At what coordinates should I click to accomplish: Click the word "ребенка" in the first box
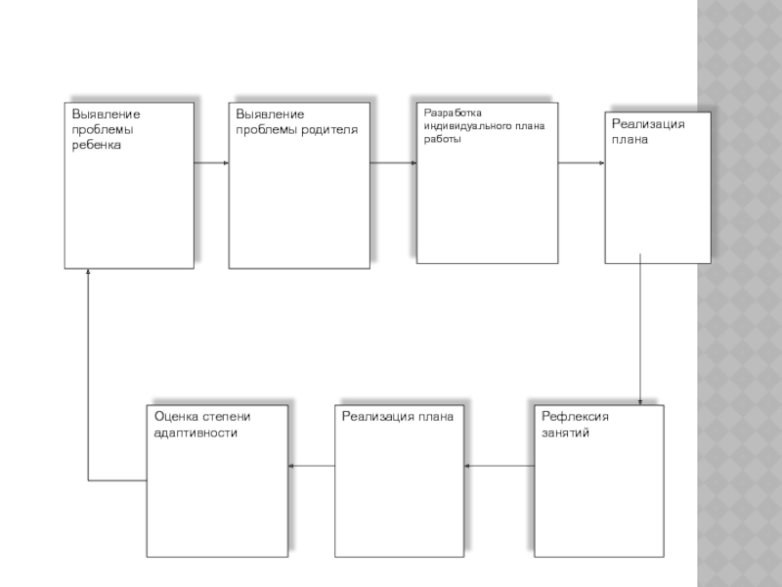tap(96, 145)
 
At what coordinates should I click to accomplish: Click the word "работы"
tap(441, 139)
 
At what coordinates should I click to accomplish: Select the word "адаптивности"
tap(195, 431)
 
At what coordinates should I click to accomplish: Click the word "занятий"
tap(565, 431)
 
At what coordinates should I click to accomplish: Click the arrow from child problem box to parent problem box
tap(211, 162)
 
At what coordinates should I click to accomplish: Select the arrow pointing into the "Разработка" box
tap(393, 162)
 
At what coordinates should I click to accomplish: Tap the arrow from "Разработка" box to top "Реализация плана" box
tap(582, 162)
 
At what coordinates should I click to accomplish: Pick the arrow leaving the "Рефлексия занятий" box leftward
tap(500, 466)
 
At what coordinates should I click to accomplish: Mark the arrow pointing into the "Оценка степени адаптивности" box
tap(312, 466)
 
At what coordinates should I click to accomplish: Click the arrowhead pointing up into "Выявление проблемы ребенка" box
tap(89, 277)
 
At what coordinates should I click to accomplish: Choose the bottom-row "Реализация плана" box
tap(400, 489)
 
